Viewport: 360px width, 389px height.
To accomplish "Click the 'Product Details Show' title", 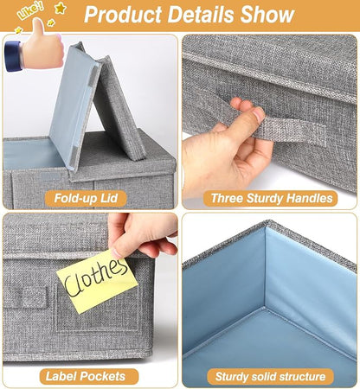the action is (x=190, y=15).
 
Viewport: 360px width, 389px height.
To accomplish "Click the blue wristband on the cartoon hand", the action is (x=13, y=56).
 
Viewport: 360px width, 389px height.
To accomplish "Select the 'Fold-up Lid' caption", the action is (x=86, y=199).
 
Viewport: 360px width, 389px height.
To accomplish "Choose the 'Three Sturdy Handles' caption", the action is (x=272, y=199).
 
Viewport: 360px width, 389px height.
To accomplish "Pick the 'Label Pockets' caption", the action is (x=86, y=376).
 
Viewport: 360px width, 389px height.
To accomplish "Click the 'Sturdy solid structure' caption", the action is (x=270, y=377).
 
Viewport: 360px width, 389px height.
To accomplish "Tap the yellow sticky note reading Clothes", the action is (x=97, y=281).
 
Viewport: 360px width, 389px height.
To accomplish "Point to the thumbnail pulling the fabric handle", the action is (x=259, y=115).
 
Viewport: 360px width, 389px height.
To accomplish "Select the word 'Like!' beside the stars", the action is (x=30, y=11).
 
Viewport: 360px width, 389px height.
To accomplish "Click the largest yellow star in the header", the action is (x=61, y=8).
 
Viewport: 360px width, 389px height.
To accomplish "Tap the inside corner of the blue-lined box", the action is (x=265, y=308).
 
